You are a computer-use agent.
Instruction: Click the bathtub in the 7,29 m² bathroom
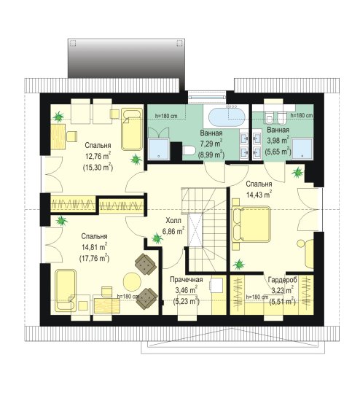coord(227,117)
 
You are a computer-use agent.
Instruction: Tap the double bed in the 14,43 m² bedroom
coord(251,224)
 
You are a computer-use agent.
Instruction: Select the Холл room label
coord(173,221)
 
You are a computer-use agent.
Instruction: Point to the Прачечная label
coord(186,280)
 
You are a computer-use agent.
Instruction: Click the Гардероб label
coord(282,280)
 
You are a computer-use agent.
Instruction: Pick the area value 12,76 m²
coord(98,156)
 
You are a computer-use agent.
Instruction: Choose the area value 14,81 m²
coord(94,247)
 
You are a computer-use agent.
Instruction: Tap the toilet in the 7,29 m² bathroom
coord(189,150)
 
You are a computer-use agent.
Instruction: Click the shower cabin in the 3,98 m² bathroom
coord(302,149)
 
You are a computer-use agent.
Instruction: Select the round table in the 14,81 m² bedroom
coord(132,281)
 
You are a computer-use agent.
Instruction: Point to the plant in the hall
coord(157,238)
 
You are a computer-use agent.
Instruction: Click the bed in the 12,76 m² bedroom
coord(132,130)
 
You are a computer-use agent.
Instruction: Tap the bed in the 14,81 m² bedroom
coord(66,290)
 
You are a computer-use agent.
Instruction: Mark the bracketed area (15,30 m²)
coord(98,168)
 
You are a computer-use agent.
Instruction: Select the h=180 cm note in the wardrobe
coord(257,297)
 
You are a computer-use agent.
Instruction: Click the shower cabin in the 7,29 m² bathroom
coord(158,149)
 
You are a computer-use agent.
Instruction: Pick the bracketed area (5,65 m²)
coord(278,152)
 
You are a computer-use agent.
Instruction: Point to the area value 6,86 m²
coord(173,231)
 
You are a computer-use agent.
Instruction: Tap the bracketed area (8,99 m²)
coord(211,155)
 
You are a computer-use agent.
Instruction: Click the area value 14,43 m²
coord(259,195)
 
